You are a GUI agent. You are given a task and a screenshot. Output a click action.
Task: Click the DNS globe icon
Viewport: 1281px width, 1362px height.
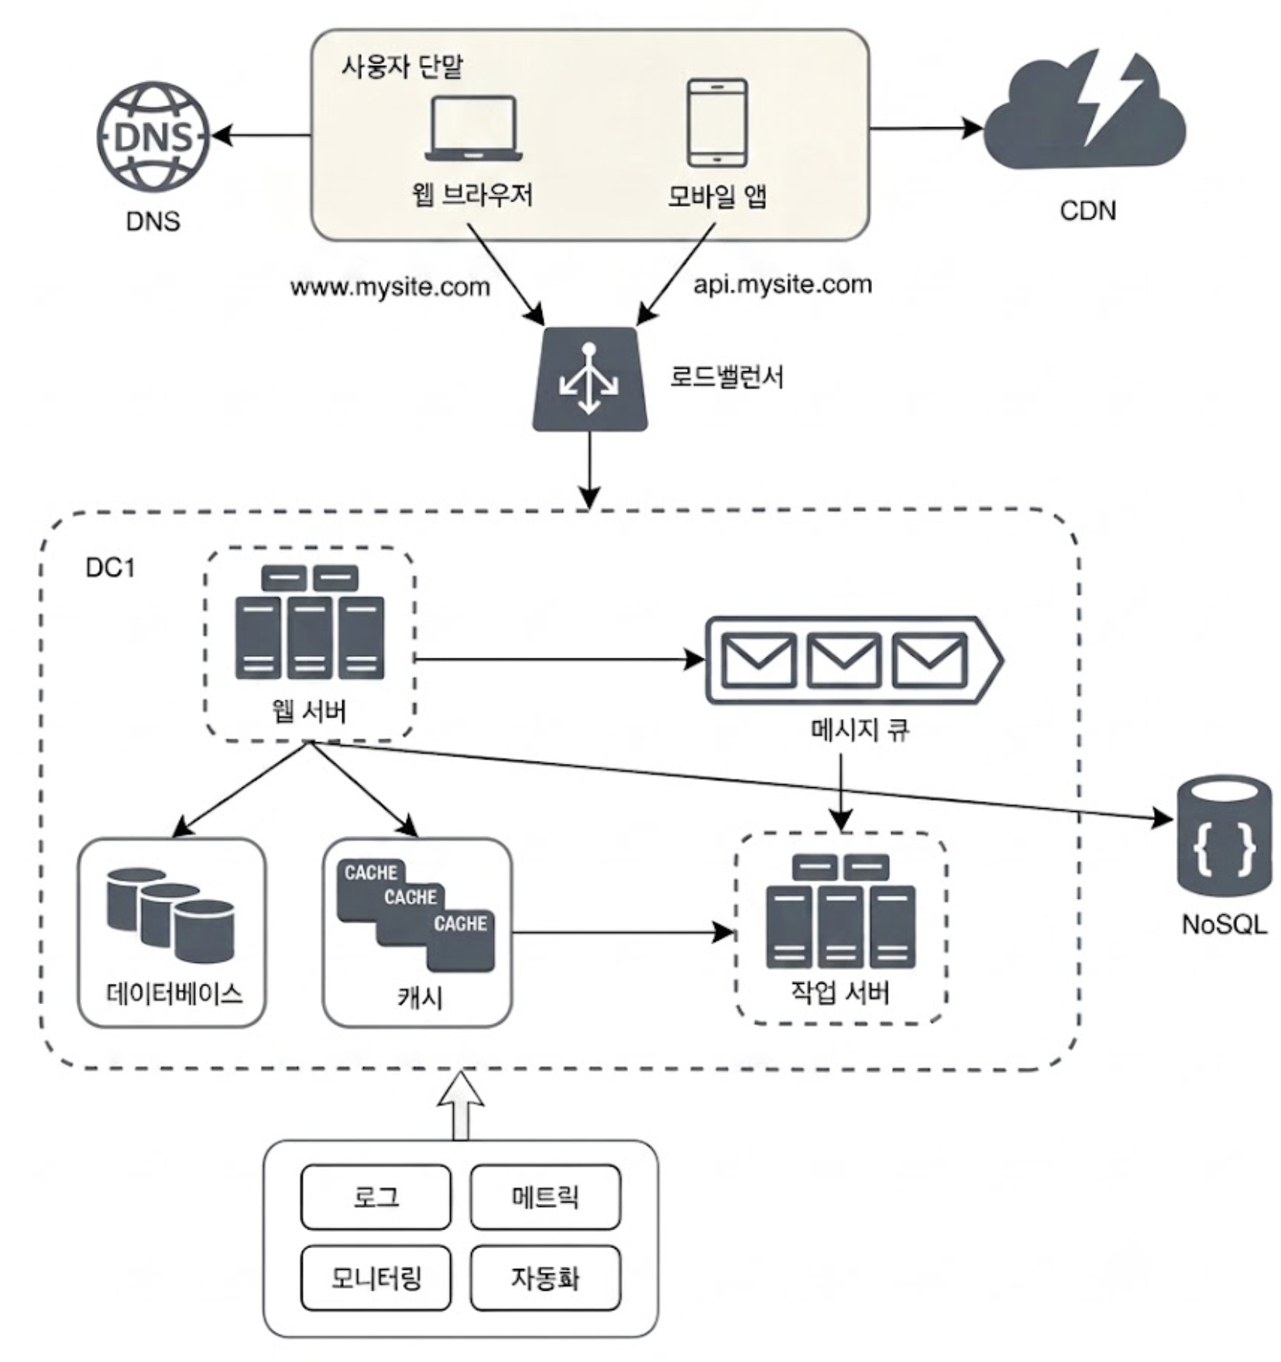pos(153,137)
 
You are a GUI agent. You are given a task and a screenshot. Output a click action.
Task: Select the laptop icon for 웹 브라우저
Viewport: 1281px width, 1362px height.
pos(473,128)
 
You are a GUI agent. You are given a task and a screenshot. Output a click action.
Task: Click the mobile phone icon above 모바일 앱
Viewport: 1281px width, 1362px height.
pos(717,122)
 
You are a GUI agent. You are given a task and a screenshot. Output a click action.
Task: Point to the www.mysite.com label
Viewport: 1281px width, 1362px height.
pos(390,287)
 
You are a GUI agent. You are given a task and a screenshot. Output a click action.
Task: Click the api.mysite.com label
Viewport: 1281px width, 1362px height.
pos(782,284)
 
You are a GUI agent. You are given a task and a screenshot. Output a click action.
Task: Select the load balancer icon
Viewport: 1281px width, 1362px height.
pos(589,379)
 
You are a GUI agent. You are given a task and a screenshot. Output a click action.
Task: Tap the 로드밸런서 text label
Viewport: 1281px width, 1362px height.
pos(726,377)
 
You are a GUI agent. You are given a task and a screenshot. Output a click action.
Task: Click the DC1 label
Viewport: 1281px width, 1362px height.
pos(110,568)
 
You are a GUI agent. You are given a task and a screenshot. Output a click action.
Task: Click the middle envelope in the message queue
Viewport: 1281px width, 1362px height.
pos(843,660)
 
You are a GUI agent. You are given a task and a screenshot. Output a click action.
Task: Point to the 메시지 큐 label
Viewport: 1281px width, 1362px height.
pos(860,730)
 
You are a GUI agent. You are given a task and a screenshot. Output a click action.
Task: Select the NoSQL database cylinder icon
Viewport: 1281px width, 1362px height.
pos(1224,837)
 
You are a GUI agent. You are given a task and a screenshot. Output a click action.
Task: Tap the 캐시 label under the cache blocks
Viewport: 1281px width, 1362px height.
pos(419,996)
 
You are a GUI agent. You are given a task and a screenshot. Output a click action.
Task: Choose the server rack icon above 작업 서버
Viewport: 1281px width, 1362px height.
pos(840,910)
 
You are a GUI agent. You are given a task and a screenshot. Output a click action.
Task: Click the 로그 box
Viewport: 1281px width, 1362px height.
pos(376,1197)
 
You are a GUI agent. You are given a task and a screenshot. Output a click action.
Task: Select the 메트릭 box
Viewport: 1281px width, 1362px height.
pos(545,1197)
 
